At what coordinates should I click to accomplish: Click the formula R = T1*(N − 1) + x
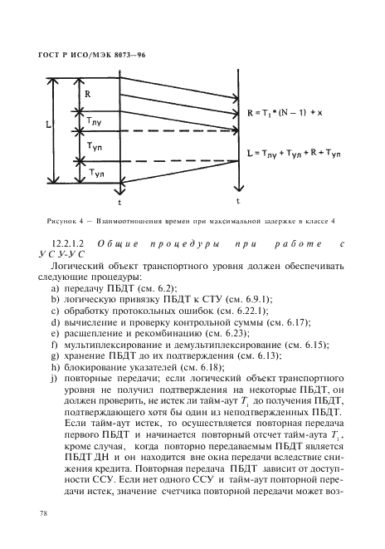tap(290, 112)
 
